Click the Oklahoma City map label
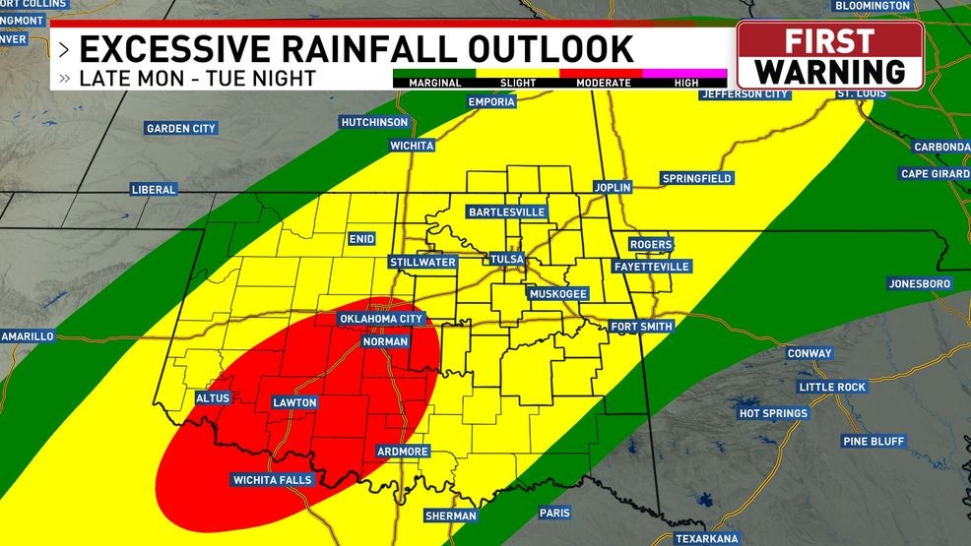[380, 319]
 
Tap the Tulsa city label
[507, 260]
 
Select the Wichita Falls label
[272, 480]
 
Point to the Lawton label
[293, 402]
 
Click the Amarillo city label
[27, 336]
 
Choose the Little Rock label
[832, 387]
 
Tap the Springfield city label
[696, 179]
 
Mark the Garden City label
[181, 129]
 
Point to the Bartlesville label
[506, 212]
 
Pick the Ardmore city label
[403, 452]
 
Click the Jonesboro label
[920, 283]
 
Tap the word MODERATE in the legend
[604, 84]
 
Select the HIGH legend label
[686, 84]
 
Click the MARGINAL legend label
[434, 84]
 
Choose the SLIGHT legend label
[517, 84]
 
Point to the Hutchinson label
[373, 122]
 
